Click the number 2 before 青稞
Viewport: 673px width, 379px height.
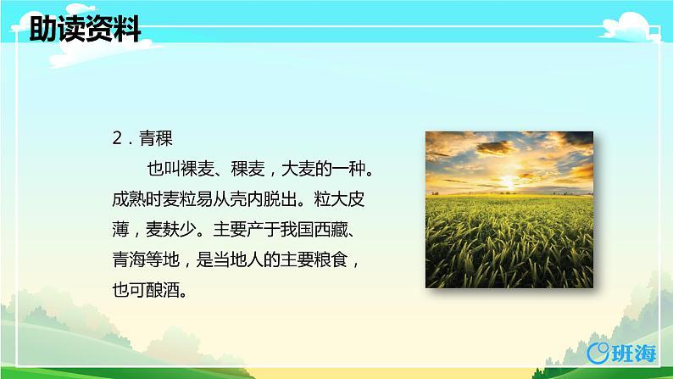(118, 136)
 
